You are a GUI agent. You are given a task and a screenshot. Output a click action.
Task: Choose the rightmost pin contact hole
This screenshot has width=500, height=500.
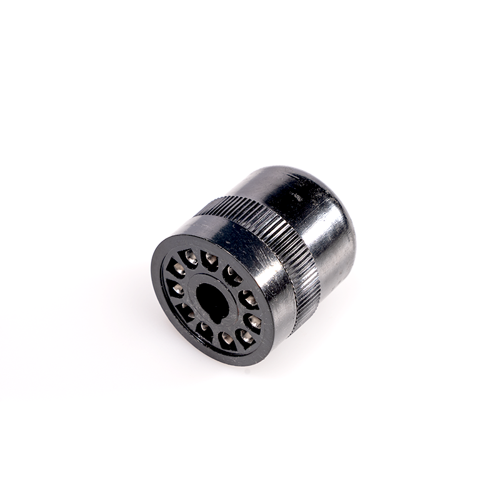click(253, 322)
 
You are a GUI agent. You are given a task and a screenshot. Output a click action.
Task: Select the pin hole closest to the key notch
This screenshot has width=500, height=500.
click(204, 331)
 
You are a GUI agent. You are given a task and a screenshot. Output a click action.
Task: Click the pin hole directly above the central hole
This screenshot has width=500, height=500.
click(210, 259)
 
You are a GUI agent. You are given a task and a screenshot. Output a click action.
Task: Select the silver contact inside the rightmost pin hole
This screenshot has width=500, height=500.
click(255, 322)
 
